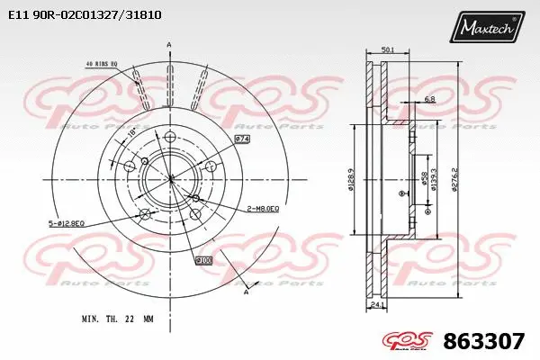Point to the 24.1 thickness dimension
pos(376,305)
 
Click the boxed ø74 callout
pos(242,139)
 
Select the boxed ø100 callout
pos(204,260)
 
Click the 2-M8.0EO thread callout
pos(262,209)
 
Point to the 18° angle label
pos(134,131)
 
